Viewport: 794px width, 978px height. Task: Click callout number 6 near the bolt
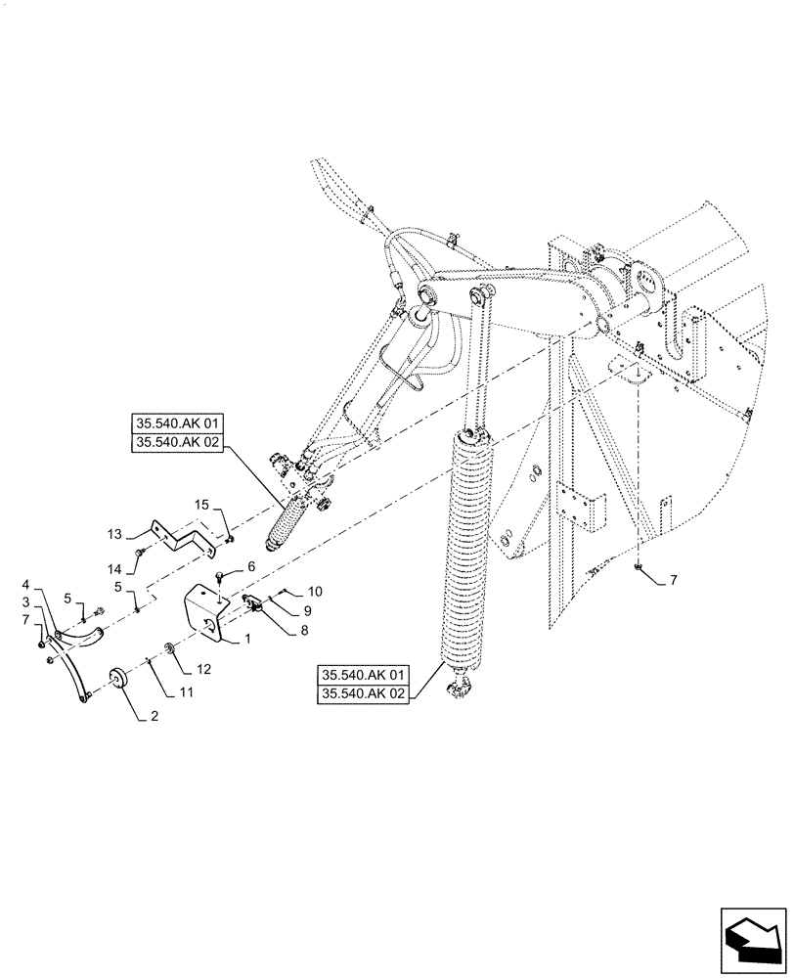click(250, 566)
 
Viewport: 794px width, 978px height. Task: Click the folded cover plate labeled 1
click(204, 609)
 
